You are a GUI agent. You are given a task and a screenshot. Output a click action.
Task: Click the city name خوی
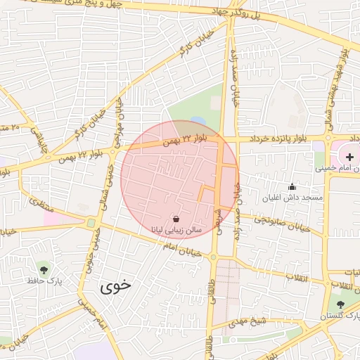tap(116, 286)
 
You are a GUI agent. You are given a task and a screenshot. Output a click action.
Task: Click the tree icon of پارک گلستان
tap(341, 304)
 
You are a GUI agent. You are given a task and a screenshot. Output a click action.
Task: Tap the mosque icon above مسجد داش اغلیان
tap(292, 186)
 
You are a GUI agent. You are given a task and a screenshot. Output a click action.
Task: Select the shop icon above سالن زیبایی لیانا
tap(176, 219)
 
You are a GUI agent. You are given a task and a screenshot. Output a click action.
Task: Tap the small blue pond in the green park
tap(198, 122)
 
